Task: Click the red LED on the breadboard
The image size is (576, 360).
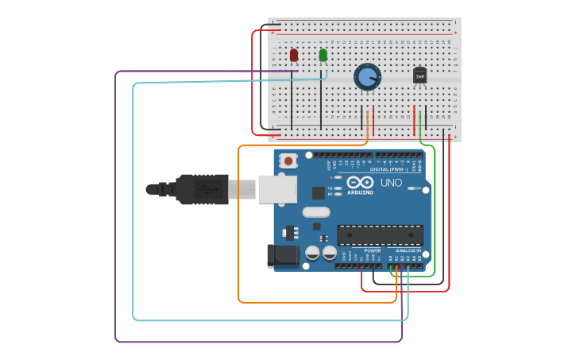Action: pyautogui.click(x=294, y=55)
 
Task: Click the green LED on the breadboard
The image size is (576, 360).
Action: pyautogui.click(x=323, y=55)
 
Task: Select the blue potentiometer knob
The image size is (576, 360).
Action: pyautogui.click(x=367, y=76)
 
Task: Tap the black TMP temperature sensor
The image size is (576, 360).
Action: pyautogui.click(x=419, y=75)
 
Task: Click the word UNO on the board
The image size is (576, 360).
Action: pyautogui.click(x=391, y=183)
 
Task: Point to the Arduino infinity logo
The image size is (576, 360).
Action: pyautogui.click(x=359, y=182)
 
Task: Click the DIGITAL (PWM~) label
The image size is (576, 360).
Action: pyautogui.click(x=389, y=169)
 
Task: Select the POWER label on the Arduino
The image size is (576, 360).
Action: pyautogui.click(x=372, y=250)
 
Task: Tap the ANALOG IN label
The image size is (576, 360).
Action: pyautogui.click(x=408, y=250)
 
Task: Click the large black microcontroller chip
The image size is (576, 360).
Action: pyautogui.click(x=380, y=235)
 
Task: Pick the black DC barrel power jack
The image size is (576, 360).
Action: pyautogui.click(x=284, y=256)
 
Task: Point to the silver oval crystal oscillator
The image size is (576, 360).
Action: pyautogui.click(x=315, y=212)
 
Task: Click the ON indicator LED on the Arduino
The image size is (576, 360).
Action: pyautogui.click(x=412, y=188)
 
